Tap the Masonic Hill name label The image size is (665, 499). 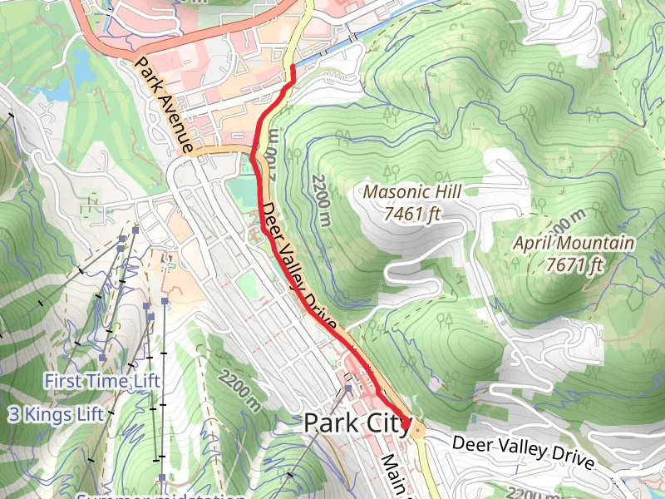411,192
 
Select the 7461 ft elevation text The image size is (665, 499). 411,214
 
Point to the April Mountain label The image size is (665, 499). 574,244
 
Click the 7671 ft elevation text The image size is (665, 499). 574,265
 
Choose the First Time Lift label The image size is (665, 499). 102,381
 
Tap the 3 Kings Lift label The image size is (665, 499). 56,413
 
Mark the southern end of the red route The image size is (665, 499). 408,425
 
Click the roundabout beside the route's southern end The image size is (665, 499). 417,429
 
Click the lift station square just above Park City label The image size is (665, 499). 349,388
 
